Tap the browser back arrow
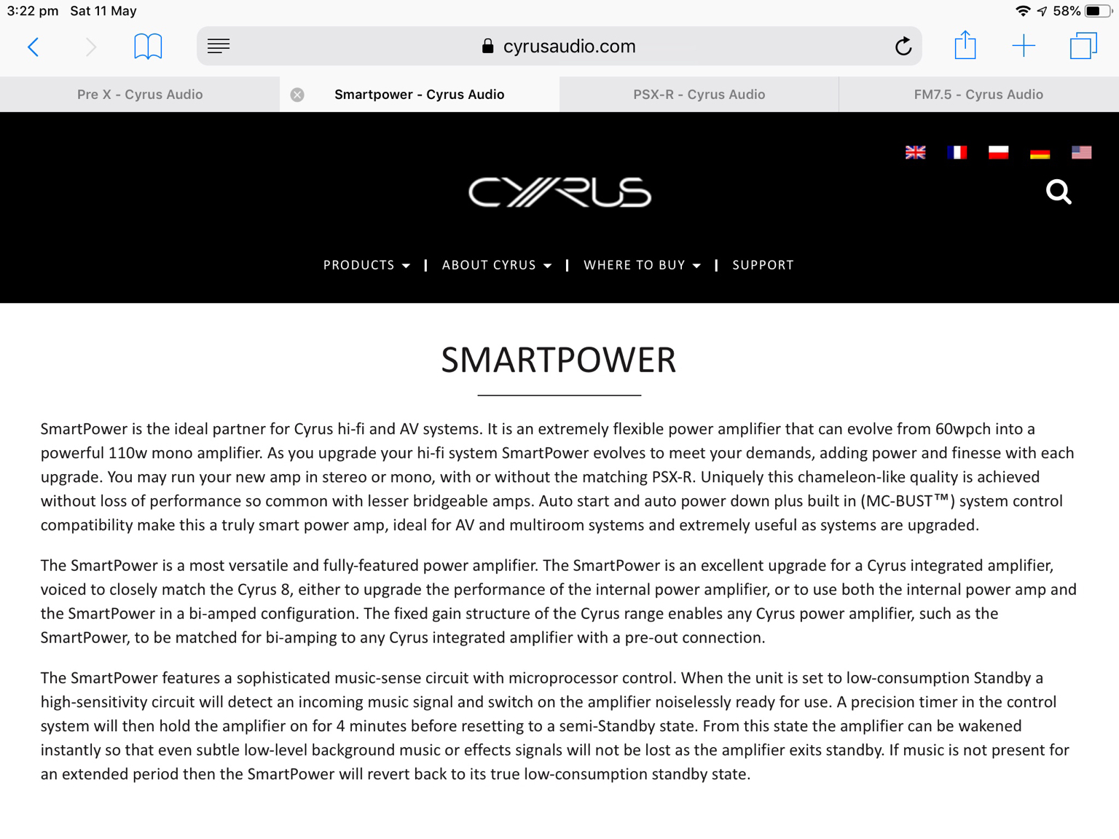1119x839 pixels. pos(34,47)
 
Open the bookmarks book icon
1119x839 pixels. pos(148,47)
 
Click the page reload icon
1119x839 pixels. pos(903,47)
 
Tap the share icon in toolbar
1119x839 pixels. pos(965,45)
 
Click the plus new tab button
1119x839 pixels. pos(1024,47)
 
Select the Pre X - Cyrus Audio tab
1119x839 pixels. pos(140,95)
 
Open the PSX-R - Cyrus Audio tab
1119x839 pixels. pos(699,95)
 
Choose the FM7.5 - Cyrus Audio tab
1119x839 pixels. pos(978,95)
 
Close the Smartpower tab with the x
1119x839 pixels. pos(297,95)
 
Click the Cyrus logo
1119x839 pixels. pos(559,192)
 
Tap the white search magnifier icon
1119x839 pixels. pos(1059,192)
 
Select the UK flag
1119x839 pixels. pos(916,152)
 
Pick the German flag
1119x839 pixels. pos(1040,152)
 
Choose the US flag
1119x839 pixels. pos(1081,152)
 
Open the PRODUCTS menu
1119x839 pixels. pos(366,265)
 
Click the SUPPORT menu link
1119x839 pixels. pos(763,265)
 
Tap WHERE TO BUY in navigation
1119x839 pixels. pos(641,265)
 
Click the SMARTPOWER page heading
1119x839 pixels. pos(559,360)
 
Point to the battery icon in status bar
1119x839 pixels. pos(1097,11)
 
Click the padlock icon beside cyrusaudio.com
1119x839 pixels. pos(488,47)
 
